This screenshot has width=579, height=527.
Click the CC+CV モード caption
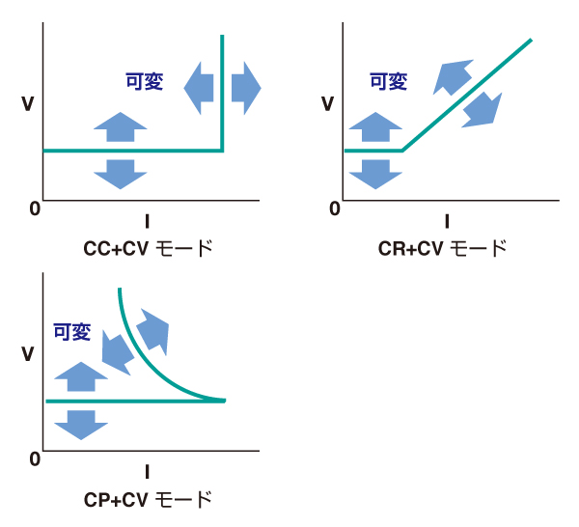[148, 248]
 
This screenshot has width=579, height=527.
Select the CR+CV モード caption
[442, 248]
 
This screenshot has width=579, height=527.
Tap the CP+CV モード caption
[148, 499]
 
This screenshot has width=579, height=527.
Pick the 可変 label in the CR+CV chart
[389, 82]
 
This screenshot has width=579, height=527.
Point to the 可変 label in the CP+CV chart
[71, 333]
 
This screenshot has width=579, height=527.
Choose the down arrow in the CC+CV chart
[121, 173]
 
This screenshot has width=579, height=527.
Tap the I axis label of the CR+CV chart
[447, 220]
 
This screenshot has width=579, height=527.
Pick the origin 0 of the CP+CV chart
[35, 458]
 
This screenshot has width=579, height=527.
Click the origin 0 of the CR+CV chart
[335, 208]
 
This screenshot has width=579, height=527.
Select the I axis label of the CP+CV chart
[147, 472]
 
